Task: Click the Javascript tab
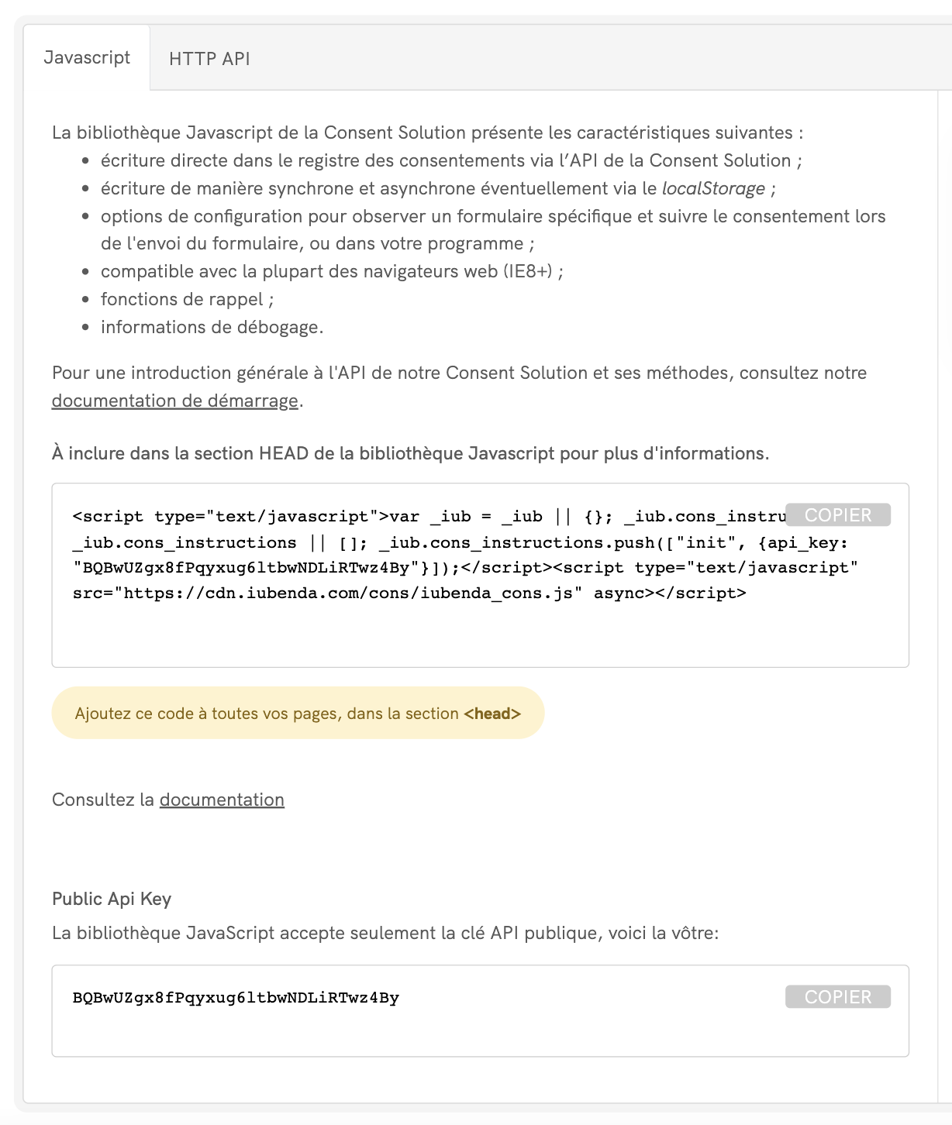pyautogui.click(x=87, y=58)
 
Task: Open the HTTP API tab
pyautogui.click(x=209, y=59)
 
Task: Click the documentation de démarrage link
pyautogui.click(x=174, y=401)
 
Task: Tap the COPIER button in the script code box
pyautogui.click(x=837, y=515)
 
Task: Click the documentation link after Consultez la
pyautogui.click(x=222, y=800)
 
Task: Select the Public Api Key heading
pyautogui.click(x=112, y=899)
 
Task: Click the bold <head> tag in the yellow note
pyautogui.click(x=492, y=714)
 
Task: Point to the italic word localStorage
pyautogui.click(x=713, y=188)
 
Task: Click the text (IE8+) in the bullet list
pyautogui.click(x=528, y=271)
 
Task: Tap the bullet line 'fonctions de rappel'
pyautogui.click(x=187, y=299)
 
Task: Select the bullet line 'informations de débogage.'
pyautogui.click(x=212, y=327)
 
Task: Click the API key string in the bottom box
pyautogui.click(x=236, y=998)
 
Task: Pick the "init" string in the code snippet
pyautogui.click(x=705, y=542)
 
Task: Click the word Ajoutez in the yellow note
pyautogui.click(x=102, y=714)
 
